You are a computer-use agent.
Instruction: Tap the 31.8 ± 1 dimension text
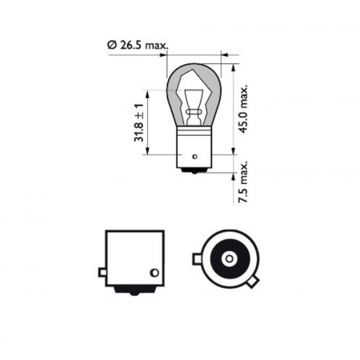pyautogui.click(x=140, y=122)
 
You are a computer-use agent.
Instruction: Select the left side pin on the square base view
pyautogui.click(x=102, y=272)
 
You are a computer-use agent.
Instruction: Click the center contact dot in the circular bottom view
pyautogui.click(x=229, y=258)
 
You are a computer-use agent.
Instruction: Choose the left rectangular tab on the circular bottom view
pyautogui.click(x=198, y=258)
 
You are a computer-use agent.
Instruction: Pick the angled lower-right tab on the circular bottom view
pyautogui.click(x=254, y=282)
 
